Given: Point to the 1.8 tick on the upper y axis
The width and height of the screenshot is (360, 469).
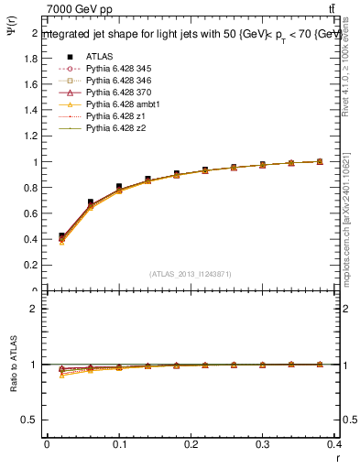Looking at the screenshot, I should [x=32, y=58].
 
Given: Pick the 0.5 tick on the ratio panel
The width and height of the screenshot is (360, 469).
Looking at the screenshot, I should [x=32, y=420].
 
